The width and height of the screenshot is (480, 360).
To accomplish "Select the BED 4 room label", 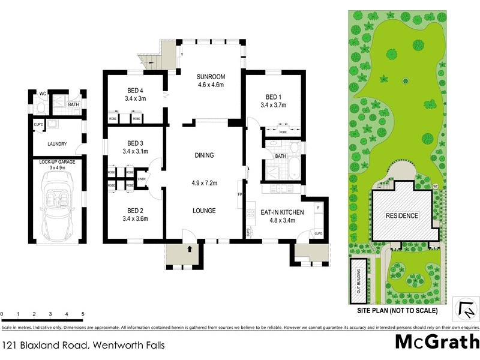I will coord(135,91).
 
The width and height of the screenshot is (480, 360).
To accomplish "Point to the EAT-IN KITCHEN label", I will coord(282,212).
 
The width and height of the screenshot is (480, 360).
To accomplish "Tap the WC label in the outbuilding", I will coord(43,94).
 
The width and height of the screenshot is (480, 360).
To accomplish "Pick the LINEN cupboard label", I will coord(142,179).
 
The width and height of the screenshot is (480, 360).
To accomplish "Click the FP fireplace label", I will coord(240,195).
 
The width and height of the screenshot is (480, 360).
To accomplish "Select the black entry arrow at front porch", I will coord(190,247).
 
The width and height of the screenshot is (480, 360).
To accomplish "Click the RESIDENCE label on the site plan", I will coord(401,215).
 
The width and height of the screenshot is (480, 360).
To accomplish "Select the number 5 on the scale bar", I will coord(82,314).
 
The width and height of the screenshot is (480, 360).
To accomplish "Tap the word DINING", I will coord(204,155).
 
